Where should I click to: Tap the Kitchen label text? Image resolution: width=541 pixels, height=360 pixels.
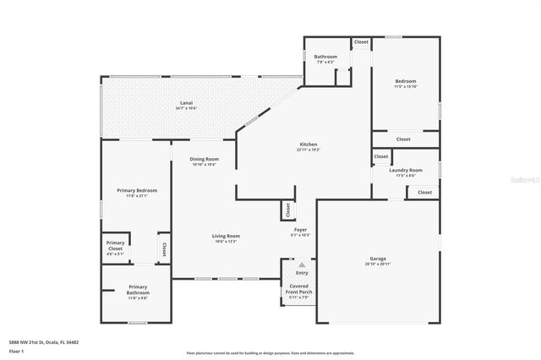(x=309, y=145)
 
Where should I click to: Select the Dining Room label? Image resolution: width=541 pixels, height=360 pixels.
(x=204, y=159)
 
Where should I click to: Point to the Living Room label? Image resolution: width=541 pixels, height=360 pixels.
(x=226, y=236)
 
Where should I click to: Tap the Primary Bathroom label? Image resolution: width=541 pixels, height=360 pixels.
(x=138, y=289)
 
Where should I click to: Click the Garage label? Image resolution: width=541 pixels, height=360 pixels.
(x=378, y=259)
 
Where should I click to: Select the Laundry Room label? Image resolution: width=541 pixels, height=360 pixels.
(x=406, y=170)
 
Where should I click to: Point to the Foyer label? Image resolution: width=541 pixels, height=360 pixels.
(x=300, y=229)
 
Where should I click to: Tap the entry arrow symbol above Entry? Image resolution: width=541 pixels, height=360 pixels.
(x=302, y=265)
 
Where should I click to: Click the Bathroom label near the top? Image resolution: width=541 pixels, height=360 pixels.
(x=325, y=57)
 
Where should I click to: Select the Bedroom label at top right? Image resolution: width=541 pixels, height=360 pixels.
(x=405, y=82)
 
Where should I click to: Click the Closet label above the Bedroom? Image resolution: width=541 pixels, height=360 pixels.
(x=361, y=41)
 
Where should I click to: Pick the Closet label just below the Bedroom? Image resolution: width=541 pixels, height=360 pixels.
(x=403, y=139)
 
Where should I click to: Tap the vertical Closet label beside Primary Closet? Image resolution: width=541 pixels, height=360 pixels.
(x=163, y=249)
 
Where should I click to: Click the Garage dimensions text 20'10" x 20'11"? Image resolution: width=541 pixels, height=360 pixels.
(x=378, y=265)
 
